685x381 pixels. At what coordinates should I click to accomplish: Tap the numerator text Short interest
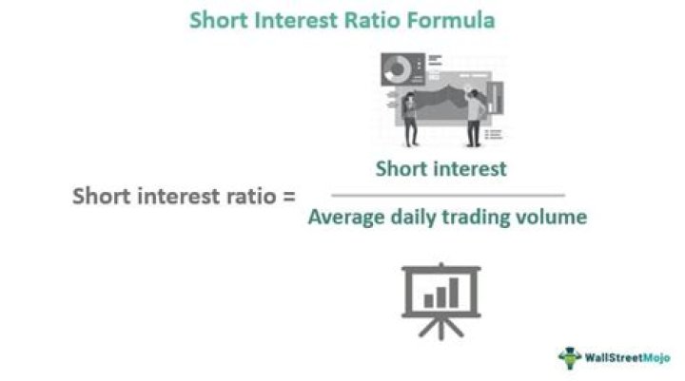[x=440, y=169]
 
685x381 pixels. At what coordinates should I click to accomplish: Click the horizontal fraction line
[x=440, y=195]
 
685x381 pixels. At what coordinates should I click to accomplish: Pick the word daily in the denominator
[x=414, y=218]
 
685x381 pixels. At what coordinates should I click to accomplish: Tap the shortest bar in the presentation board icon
[x=429, y=300]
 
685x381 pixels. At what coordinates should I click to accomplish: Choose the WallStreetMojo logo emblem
[x=569, y=357]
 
